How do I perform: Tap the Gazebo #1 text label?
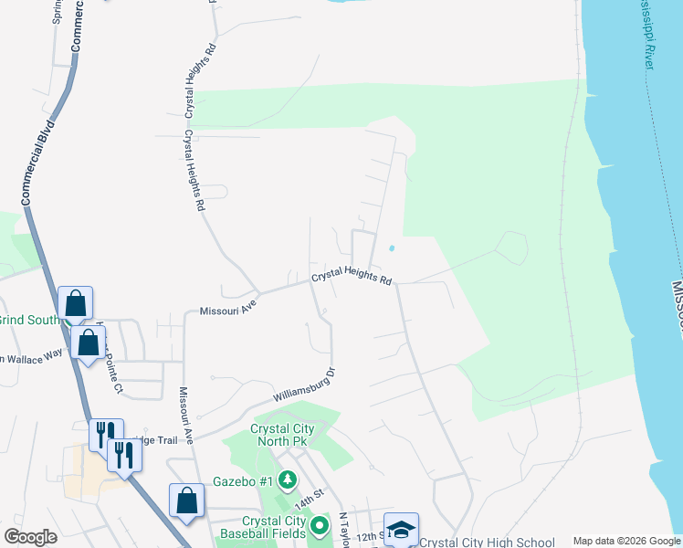coord(243,480)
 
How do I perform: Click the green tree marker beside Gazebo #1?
coord(288,479)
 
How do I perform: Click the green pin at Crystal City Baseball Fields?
coord(319,526)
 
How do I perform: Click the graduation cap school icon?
coord(401,529)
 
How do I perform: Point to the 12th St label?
coord(367,537)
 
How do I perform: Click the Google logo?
coord(30,537)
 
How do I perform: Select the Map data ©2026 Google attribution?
coord(625,541)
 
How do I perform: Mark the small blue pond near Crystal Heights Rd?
coord(392,248)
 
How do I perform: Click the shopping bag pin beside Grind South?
coord(75,304)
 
